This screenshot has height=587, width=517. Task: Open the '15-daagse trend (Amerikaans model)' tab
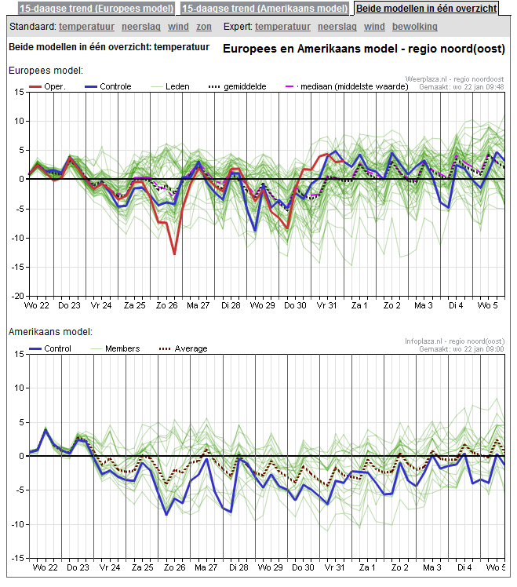tap(265, 9)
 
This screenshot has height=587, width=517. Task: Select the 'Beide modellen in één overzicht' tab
tap(427, 9)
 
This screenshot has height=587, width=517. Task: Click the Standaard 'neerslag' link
tap(141, 27)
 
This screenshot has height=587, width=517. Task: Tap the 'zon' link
tap(204, 27)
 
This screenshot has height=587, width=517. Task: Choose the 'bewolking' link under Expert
tap(415, 27)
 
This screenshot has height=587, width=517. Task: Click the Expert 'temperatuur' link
tap(283, 27)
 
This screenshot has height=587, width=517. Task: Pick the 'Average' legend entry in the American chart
tap(191, 348)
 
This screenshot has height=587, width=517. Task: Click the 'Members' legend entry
tap(122, 348)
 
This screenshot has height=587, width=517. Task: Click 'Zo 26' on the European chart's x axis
tap(166, 304)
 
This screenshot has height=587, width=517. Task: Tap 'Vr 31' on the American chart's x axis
tap(335, 567)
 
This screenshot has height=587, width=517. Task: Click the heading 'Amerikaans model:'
tap(51, 333)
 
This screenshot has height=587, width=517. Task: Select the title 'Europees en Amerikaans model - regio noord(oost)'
tap(364, 49)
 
